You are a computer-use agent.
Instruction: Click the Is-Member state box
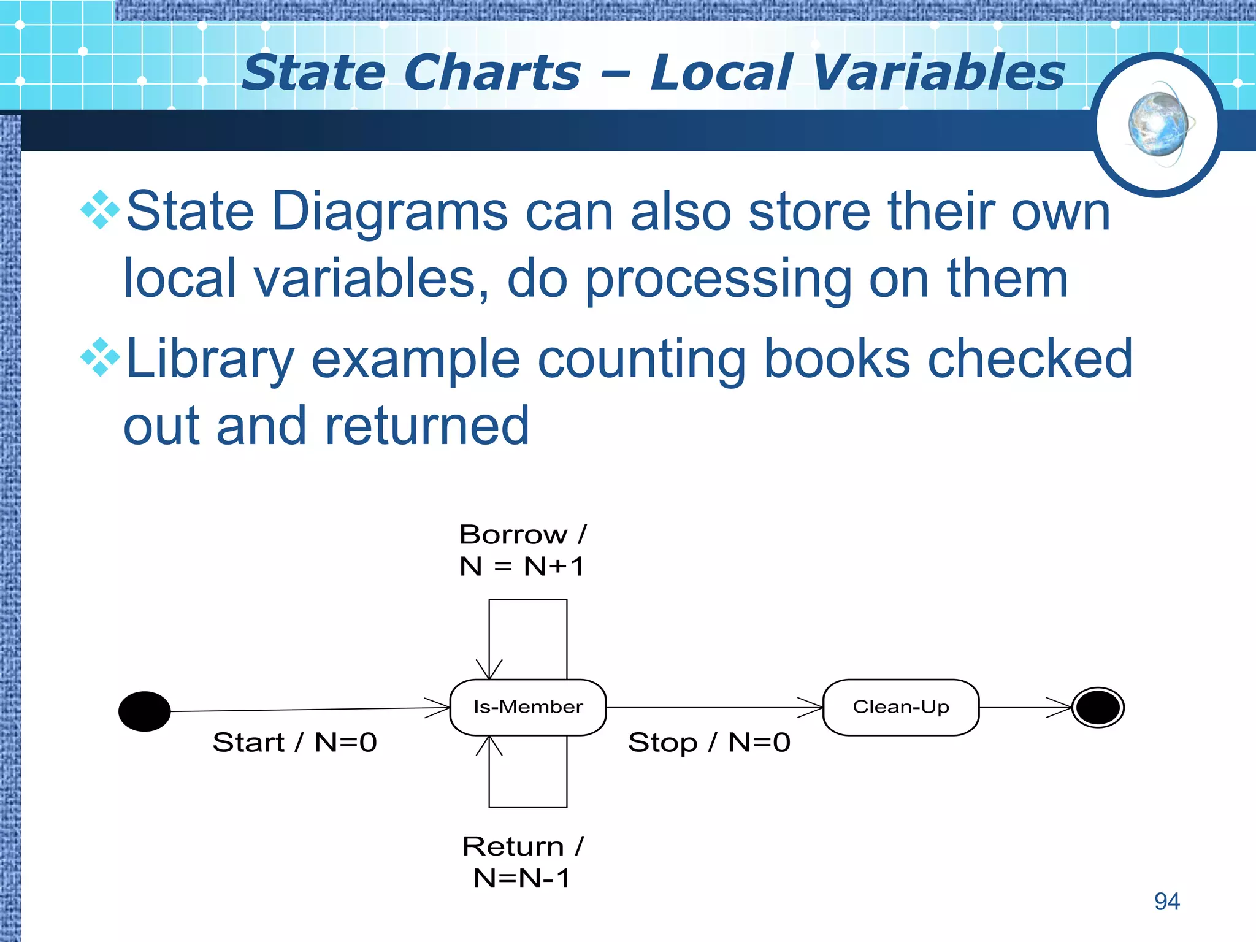(x=527, y=707)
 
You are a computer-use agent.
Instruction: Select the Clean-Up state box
(x=900, y=707)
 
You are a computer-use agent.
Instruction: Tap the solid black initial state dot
(x=144, y=711)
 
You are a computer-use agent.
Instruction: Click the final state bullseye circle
(x=1098, y=707)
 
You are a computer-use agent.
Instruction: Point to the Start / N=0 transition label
(x=294, y=743)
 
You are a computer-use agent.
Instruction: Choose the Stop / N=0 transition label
(x=709, y=743)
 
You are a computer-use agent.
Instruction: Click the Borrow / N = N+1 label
(x=523, y=550)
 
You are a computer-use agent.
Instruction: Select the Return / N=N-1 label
(x=523, y=862)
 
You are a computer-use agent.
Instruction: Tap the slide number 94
(x=1166, y=902)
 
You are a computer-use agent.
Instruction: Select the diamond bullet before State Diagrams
(x=100, y=210)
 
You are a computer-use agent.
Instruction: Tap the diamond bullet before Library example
(x=100, y=357)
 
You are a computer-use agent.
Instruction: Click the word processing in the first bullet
(x=718, y=279)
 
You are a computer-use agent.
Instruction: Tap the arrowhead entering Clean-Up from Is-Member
(x=813, y=707)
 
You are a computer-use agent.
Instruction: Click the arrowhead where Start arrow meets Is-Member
(x=441, y=708)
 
